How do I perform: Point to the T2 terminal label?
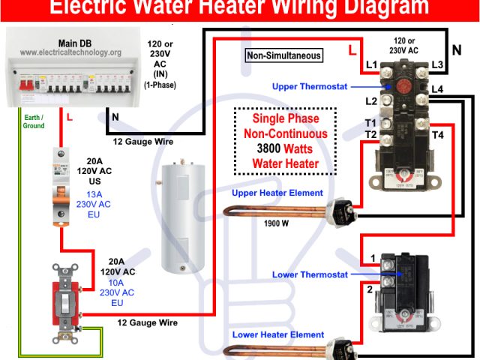[x=370, y=134]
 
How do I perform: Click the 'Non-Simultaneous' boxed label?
[x=284, y=55]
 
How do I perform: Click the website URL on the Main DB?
[x=70, y=52]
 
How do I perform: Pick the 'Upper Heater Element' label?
[x=277, y=193]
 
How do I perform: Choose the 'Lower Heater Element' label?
[x=278, y=334]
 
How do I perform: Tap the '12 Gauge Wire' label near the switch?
[x=147, y=322]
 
